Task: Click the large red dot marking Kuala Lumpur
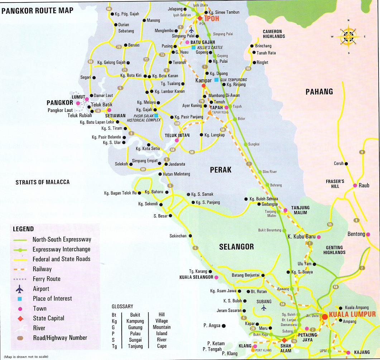[324, 316]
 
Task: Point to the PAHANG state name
[319, 91]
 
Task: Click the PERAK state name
[221, 170]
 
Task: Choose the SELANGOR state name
[237, 247]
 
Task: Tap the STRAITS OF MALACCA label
[43, 182]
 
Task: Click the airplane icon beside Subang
[264, 308]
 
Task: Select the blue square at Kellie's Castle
[193, 47]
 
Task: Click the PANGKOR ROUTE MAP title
[37, 10]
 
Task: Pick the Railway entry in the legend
[42, 269]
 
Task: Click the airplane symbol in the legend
[20, 289]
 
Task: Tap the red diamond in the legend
[20, 318]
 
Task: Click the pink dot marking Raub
[355, 185]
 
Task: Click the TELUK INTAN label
[177, 135]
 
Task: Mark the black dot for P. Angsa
[223, 326]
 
